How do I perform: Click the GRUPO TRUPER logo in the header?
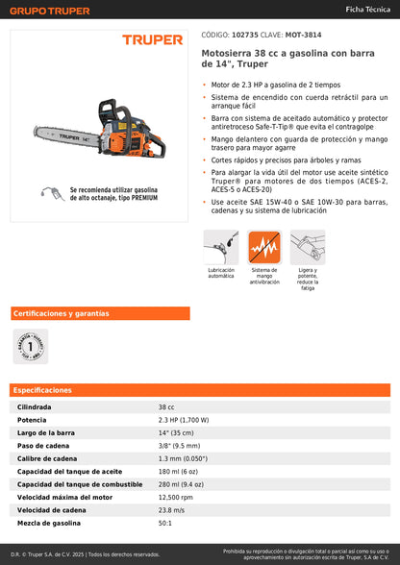(x=50, y=11)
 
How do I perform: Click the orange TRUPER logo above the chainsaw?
(x=151, y=40)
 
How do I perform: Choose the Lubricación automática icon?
(x=221, y=249)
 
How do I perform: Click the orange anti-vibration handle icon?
(x=264, y=249)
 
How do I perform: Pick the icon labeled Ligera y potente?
(x=308, y=248)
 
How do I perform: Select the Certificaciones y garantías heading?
(x=61, y=313)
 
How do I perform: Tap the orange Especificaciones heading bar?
(x=200, y=390)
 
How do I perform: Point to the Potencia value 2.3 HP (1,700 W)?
(x=184, y=420)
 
